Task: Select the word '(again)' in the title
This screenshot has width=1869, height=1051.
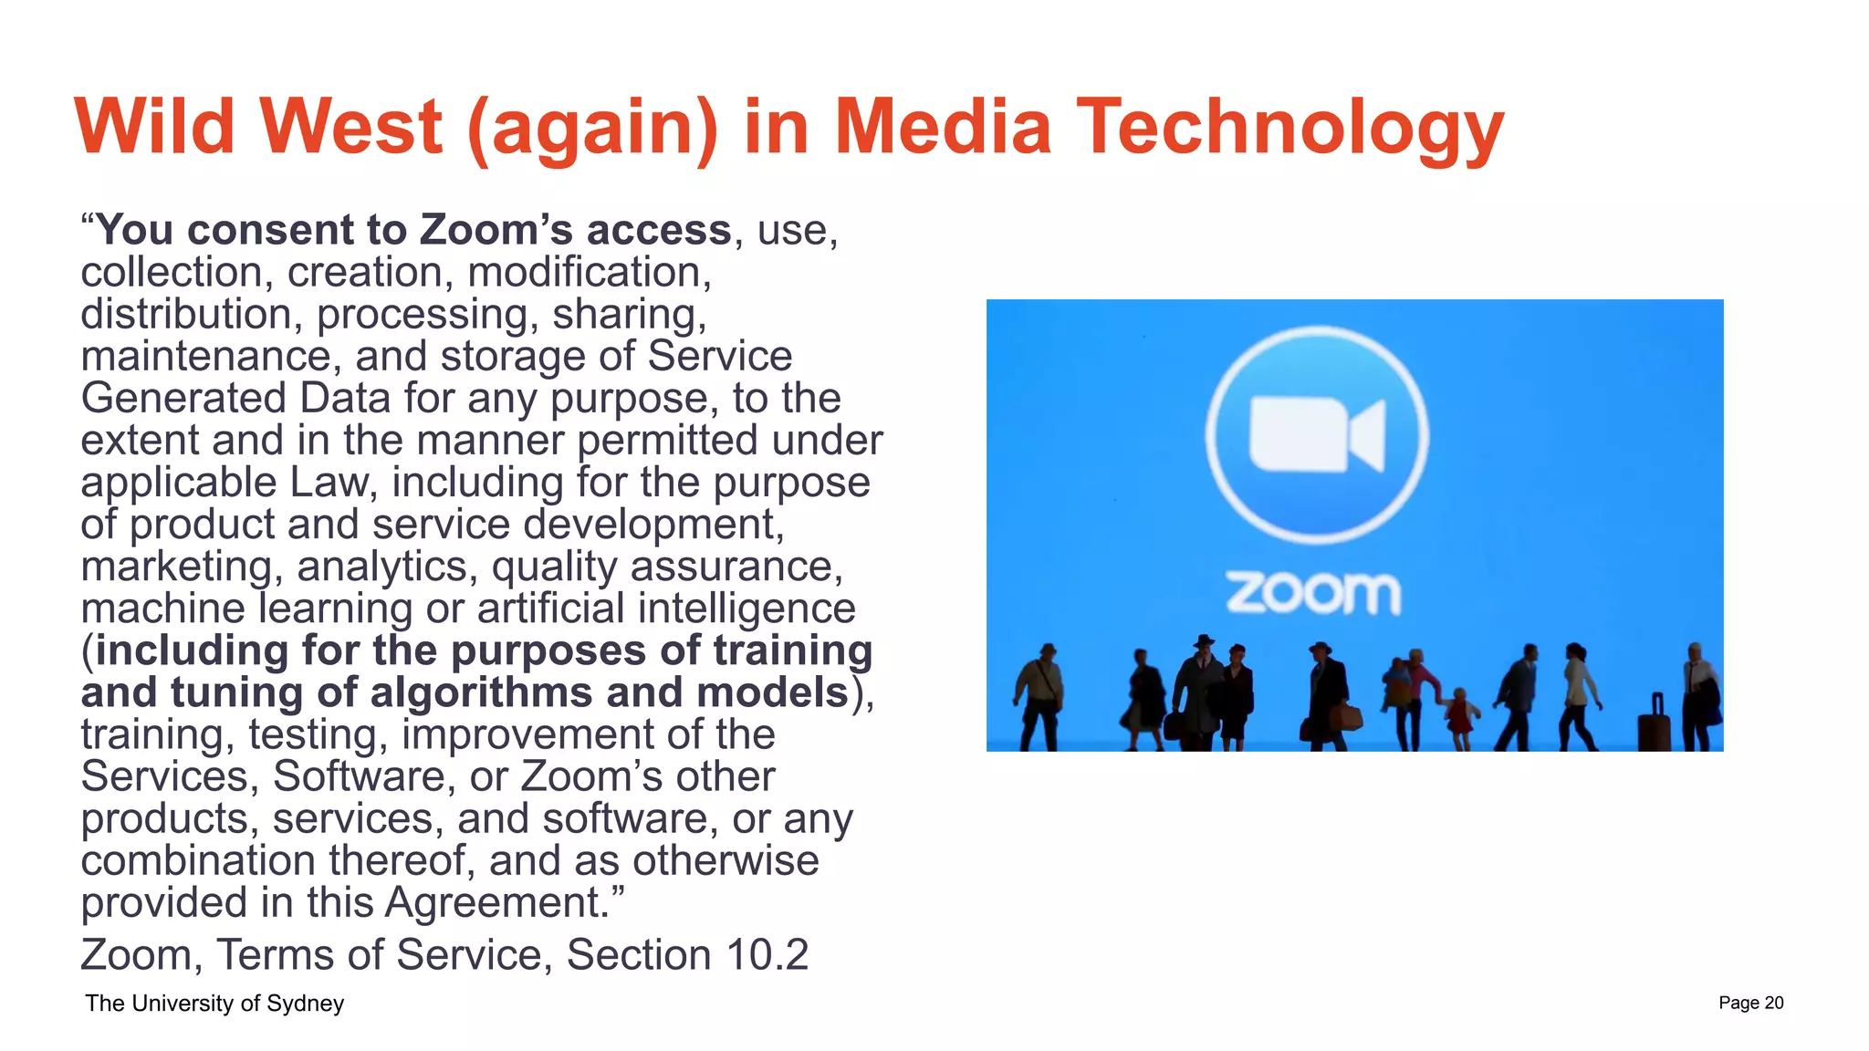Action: [592, 128]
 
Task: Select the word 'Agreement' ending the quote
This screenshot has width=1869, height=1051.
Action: [496, 903]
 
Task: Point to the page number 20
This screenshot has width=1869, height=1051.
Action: [1773, 1003]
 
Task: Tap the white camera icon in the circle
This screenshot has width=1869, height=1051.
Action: [1317, 435]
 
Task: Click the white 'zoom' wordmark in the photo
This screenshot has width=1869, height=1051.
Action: [1313, 593]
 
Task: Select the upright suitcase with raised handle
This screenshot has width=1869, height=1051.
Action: [1655, 724]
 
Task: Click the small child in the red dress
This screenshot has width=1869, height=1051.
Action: [1461, 716]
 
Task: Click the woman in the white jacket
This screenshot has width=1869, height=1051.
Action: [1578, 693]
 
